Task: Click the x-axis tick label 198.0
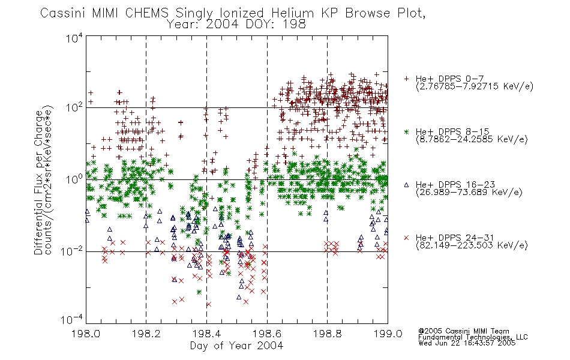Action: click(x=86, y=334)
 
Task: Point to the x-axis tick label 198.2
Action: click(x=146, y=334)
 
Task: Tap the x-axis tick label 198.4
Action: click(x=206, y=334)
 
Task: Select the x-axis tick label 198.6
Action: click(x=267, y=334)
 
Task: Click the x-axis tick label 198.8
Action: click(x=327, y=334)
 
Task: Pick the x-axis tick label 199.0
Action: click(x=388, y=334)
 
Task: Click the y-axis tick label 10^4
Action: click(x=74, y=38)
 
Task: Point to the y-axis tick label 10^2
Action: click(x=74, y=108)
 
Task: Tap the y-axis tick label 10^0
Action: click(x=74, y=179)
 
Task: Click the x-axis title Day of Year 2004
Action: click(x=236, y=346)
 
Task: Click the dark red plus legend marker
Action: click(x=406, y=79)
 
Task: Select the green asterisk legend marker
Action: click(x=406, y=131)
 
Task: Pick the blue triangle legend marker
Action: click(x=406, y=185)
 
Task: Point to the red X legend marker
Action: click(x=406, y=238)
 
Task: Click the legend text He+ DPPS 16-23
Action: click(x=455, y=185)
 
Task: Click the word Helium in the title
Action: click(x=292, y=13)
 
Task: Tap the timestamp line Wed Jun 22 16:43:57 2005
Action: click(x=467, y=343)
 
